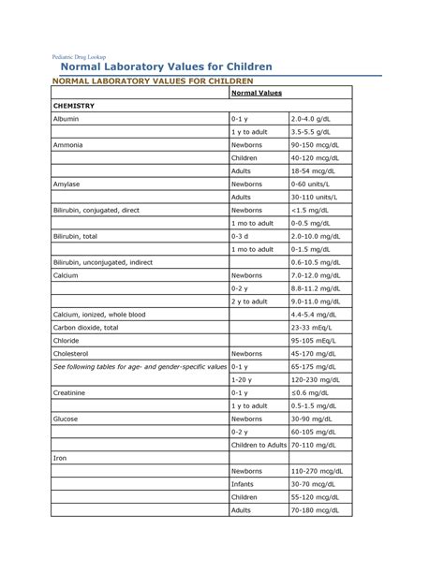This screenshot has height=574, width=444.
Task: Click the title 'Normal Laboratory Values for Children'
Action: coord(167,67)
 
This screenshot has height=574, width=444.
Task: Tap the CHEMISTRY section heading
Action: coord(75,107)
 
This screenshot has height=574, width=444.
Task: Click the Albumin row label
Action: coord(67,120)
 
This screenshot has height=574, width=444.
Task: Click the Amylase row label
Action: coord(68,184)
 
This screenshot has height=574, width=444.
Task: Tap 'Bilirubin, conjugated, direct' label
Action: coord(96,211)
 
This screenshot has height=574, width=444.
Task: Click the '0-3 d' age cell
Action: coord(241,237)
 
